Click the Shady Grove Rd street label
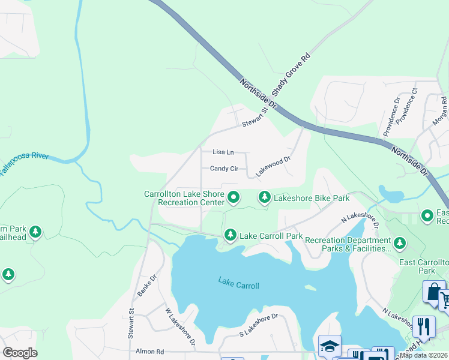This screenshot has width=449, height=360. pos(291,74)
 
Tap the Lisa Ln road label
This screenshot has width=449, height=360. pos(223,153)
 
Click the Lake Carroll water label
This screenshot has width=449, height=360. pos(239,282)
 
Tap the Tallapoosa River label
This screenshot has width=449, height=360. pos(23,163)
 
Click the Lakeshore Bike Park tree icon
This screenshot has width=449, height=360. pos(264,197)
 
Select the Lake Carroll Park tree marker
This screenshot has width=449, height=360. pos(230,235)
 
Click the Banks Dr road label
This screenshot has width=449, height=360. pos(146,286)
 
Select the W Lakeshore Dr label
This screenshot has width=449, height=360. pos(180,327)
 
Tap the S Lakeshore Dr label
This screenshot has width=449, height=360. pos(259,325)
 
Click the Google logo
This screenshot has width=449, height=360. pos(20,353)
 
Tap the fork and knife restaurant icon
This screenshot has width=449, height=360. pos(424,326)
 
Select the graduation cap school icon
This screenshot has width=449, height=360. pos(330,346)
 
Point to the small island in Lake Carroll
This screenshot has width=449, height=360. pos(310,287)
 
